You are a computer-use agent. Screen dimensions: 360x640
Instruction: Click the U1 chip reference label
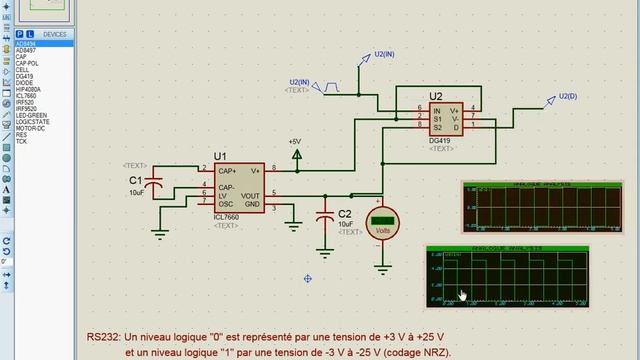[220, 157]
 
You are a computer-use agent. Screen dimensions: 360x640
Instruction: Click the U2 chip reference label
[436, 97]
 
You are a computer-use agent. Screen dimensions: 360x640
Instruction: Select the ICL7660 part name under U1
[226, 217]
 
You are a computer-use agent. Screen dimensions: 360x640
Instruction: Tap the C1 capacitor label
[135, 179]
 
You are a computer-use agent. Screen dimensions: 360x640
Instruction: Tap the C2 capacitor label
[345, 214]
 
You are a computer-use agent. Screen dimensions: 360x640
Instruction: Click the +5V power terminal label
[295, 142]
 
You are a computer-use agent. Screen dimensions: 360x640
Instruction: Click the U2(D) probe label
[568, 96]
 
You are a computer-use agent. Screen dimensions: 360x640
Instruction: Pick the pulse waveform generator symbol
[329, 87]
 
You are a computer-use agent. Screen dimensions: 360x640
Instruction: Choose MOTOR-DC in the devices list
[31, 129]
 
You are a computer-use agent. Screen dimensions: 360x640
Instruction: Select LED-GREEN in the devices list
[31, 115]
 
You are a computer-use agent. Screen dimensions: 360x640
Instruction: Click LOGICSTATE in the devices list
[33, 122]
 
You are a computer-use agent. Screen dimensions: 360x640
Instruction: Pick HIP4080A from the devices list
[30, 89]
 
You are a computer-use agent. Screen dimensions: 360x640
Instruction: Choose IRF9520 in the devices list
[27, 109]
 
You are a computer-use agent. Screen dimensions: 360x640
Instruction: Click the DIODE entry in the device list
[25, 83]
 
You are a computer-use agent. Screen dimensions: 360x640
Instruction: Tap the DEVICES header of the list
[55, 34]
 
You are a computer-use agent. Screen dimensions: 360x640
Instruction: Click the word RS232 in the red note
[103, 338]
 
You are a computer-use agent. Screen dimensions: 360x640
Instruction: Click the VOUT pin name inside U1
[250, 195]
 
